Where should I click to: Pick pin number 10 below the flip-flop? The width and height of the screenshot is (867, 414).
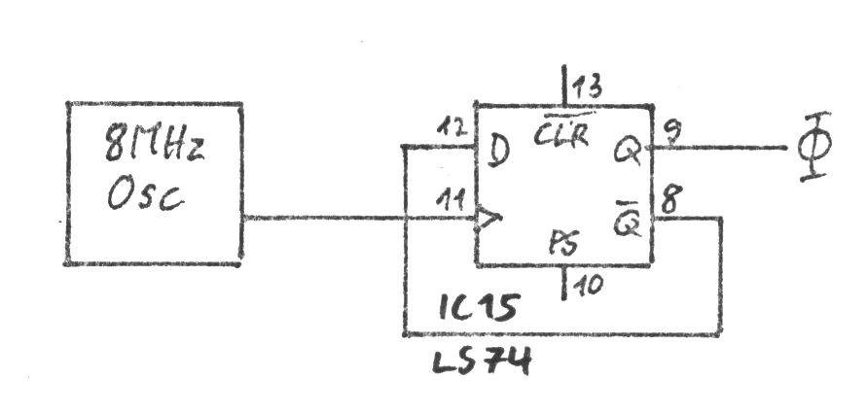(588, 285)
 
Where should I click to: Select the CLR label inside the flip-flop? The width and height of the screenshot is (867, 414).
(562, 134)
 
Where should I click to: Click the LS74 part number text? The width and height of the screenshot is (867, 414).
(483, 362)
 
